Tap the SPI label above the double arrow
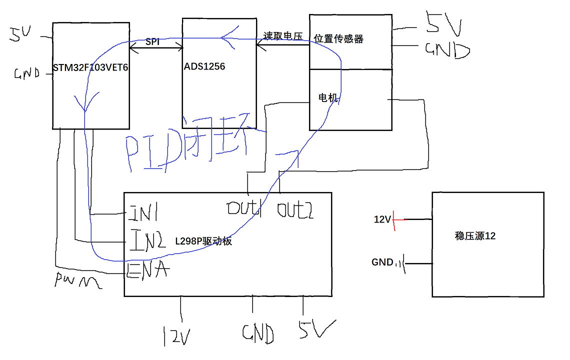pos(152,42)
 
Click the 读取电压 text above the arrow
pos(282,36)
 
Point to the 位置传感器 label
pos(338,39)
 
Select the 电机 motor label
pos(328,97)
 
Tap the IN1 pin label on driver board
pos(143,213)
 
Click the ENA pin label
pos(147,270)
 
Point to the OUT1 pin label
pos(245,209)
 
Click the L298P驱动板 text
pos(203,241)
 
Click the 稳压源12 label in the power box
pos(475,236)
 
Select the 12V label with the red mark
pos(382,219)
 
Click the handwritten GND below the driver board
pos(258,333)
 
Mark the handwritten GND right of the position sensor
pos(447,50)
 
